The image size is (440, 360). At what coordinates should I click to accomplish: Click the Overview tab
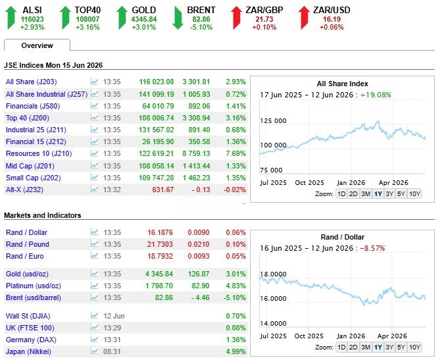point(37,45)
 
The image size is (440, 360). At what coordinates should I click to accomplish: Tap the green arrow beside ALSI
point(11,18)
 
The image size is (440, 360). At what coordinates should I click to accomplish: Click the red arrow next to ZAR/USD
point(304,18)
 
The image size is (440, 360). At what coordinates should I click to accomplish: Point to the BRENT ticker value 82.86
point(201,19)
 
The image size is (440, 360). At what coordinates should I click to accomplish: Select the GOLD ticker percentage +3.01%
point(144,27)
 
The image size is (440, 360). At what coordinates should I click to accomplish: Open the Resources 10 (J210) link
point(39,153)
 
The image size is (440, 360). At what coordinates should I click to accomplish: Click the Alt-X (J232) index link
point(24,190)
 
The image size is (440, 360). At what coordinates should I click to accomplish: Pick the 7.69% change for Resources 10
point(235,153)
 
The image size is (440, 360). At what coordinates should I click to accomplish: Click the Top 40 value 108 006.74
point(157,118)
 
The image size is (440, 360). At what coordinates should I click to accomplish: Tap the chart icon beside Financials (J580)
point(95,105)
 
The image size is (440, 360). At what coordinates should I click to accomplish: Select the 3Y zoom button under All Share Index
point(389,193)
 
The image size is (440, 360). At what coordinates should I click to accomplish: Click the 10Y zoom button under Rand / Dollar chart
point(414,347)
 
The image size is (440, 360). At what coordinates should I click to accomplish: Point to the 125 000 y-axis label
point(273,120)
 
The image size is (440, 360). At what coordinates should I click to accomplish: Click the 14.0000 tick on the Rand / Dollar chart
point(273,324)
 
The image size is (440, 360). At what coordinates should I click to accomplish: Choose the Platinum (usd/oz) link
point(33,286)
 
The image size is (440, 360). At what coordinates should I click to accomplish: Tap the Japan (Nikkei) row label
point(28,351)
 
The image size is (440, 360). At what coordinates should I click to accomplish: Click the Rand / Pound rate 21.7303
point(160,244)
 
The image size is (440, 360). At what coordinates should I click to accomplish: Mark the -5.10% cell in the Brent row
point(235,297)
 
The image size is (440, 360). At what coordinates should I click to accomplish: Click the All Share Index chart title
point(343,84)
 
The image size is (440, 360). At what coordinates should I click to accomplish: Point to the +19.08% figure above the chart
point(376,95)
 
